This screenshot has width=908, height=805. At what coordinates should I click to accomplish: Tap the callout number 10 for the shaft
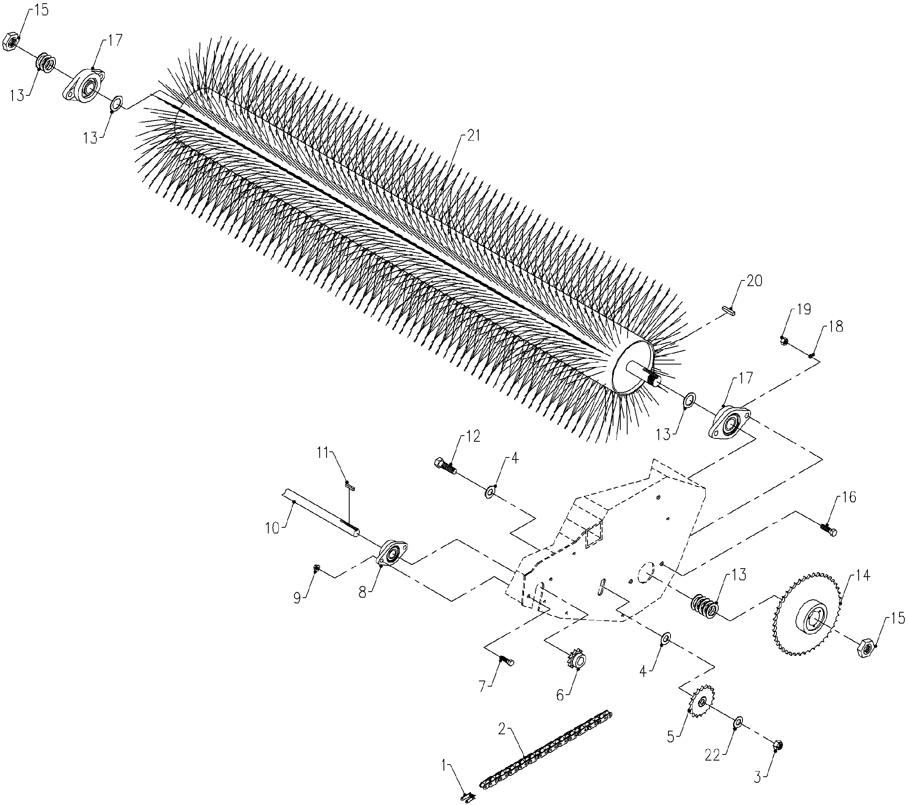click(272, 528)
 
